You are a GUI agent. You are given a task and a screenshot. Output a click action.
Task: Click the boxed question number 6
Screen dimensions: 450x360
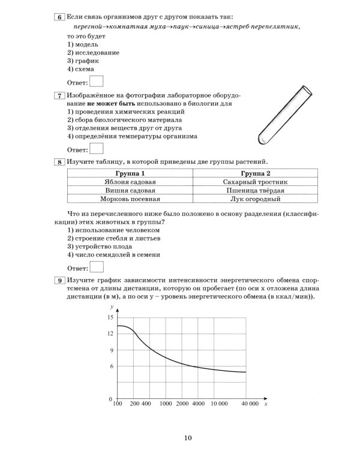point(59,17)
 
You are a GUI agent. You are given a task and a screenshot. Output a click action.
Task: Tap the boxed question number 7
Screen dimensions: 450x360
point(59,95)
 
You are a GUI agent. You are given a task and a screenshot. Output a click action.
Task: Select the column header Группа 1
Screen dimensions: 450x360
point(130,173)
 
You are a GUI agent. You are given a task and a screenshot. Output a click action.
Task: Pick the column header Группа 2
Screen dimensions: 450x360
point(256,173)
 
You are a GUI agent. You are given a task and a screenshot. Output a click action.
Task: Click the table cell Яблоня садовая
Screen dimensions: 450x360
point(130,182)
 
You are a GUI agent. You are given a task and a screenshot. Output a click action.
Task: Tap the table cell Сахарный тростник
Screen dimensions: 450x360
point(256,182)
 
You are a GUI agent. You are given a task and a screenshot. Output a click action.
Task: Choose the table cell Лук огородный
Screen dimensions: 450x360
point(256,199)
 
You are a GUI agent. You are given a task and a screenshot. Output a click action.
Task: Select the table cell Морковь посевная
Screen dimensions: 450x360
point(130,199)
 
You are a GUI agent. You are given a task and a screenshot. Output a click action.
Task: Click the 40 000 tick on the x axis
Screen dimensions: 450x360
point(246,406)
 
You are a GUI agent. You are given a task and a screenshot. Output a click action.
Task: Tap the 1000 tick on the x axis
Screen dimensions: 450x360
point(167,406)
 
